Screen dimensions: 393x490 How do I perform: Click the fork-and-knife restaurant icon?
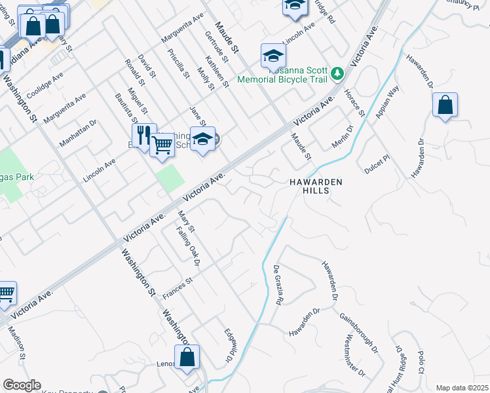[x=144, y=135]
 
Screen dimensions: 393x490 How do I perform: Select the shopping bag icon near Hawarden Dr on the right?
[x=445, y=105]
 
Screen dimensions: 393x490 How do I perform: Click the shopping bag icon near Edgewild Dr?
[x=187, y=357]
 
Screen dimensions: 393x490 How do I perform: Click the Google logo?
[x=22, y=385]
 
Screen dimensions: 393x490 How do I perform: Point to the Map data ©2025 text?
[x=462, y=388]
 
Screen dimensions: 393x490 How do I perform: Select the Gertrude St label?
[x=216, y=48]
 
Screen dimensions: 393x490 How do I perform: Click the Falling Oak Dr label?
[x=188, y=246]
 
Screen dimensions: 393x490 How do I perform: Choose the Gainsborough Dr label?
[x=359, y=333]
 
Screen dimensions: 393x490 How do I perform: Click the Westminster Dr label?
[x=354, y=356]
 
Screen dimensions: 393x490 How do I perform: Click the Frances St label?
[x=178, y=288]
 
